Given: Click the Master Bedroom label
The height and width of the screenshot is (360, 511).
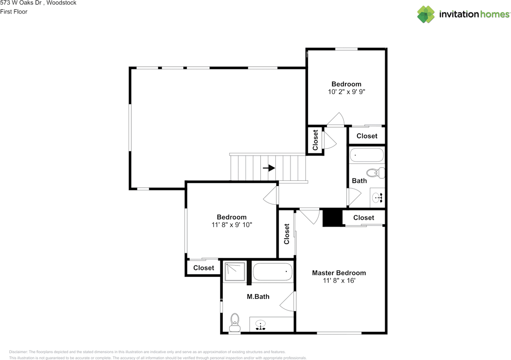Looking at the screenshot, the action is tap(339, 273).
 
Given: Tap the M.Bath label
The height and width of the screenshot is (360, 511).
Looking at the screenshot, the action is tap(258, 297).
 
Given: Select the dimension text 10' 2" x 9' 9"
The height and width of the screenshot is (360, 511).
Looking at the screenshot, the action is tap(346, 92).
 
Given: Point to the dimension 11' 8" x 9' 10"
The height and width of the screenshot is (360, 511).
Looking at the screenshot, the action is tap(232, 225).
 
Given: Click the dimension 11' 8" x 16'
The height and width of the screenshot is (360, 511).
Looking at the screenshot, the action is tap(339, 281).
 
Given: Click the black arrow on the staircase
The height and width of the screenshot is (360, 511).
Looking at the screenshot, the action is tap(269, 168).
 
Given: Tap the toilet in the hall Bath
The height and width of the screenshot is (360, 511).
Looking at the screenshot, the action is tap(376, 173).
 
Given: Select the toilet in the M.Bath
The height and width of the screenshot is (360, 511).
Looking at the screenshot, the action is tap(235, 322).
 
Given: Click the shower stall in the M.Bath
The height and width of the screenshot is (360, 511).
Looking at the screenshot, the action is tap(235, 271).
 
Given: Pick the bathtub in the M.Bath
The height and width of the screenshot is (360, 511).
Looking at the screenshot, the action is tap(273, 271).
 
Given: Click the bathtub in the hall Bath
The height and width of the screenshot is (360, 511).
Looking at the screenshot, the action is tap(366, 155).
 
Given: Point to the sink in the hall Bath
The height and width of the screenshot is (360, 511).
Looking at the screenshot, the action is tap(377, 198).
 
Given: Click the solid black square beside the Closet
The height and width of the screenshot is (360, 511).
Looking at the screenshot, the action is tap(333, 218).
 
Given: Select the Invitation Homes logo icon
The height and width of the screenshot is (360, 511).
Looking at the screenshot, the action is tap(426, 14).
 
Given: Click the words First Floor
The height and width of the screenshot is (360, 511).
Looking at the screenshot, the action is tap(14, 12).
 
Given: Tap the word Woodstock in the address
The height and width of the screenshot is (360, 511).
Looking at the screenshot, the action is tap(61, 3).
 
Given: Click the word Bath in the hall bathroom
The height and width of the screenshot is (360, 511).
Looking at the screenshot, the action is tap(359, 181).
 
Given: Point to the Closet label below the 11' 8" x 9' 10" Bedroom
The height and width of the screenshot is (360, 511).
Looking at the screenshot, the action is tap(204, 267).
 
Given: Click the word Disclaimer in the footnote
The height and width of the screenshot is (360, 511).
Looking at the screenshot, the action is tap(18, 352).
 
